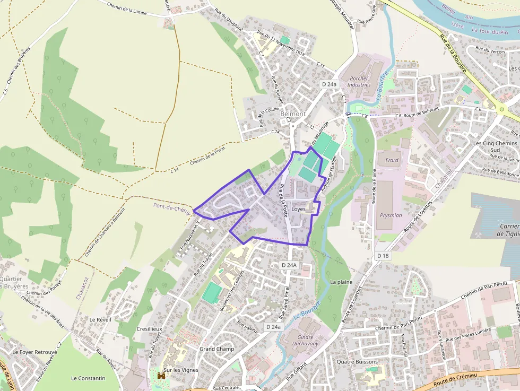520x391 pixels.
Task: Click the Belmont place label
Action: (x=293, y=114)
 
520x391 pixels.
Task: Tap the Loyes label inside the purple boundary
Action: (x=299, y=209)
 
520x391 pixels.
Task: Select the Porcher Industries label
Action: (x=359, y=81)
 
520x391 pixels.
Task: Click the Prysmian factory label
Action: (x=391, y=216)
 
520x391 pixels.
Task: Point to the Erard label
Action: (x=392, y=160)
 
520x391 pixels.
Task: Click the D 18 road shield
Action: (x=383, y=256)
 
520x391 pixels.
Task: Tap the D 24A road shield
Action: (x=289, y=265)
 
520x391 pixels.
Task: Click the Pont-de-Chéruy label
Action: (x=171, y=207)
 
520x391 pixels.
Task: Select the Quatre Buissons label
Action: (x=357, y=362)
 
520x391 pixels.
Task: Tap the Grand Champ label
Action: (x=216, y=349)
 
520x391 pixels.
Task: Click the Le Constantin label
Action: (x=88, y=378)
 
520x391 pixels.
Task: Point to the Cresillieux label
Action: (x=149, y=329)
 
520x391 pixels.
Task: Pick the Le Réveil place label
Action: (x=99, y=320)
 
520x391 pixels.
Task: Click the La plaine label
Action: (x=341, y=282)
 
